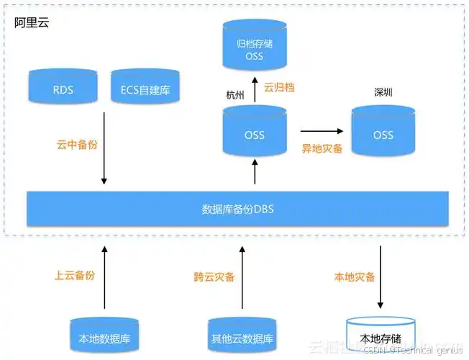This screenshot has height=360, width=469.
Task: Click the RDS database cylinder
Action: (x=63, y=89)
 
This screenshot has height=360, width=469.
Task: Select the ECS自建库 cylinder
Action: (x=145, y=89)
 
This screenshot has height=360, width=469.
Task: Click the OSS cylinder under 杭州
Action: (x=255, y=132)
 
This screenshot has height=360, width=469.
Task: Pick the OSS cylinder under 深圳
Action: (x=383, y=132)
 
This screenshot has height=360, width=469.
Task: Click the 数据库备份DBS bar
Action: (x=237, y=209)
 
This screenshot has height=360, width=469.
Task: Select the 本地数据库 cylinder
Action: (x=104, y=336)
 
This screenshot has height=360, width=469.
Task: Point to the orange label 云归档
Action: (x=279, y=88)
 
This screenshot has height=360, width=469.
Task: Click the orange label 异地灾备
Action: (x=322, y=148)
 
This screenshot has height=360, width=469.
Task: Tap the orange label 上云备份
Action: (x=75, y=276)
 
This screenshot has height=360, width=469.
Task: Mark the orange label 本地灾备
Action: (x=353, y=276)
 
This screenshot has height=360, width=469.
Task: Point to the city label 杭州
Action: (x=234, y=94)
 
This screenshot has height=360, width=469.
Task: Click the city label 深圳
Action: (x=383, y=93)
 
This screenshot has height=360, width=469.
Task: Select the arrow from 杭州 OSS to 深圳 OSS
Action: (x=320, y=131)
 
